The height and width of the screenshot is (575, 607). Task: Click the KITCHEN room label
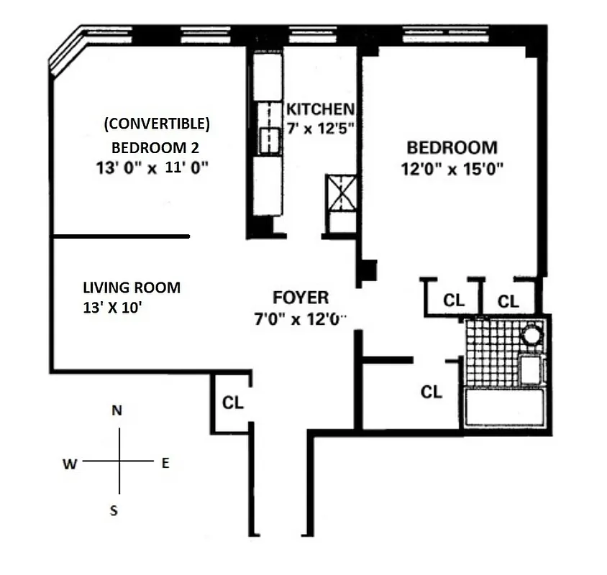pos(320,109)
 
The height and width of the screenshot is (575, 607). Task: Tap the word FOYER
pos(301,298)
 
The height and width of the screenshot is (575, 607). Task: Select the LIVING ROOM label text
pos(132,287)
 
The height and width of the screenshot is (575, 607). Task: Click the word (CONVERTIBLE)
pos(157,124)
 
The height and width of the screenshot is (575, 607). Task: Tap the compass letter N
pos(117,410)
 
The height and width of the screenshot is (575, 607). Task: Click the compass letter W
pos(70,464)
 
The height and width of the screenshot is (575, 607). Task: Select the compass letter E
pos(165,464)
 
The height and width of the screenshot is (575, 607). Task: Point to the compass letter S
pos(114,511)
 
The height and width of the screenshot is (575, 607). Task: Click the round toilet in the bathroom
pos(531,336)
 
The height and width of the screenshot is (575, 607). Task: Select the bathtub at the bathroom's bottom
pos(506,408)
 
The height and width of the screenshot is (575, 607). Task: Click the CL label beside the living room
pos(232,402)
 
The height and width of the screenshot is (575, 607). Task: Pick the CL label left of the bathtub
pos(431,391)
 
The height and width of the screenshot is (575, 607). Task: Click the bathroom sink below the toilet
pos(531,369)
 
